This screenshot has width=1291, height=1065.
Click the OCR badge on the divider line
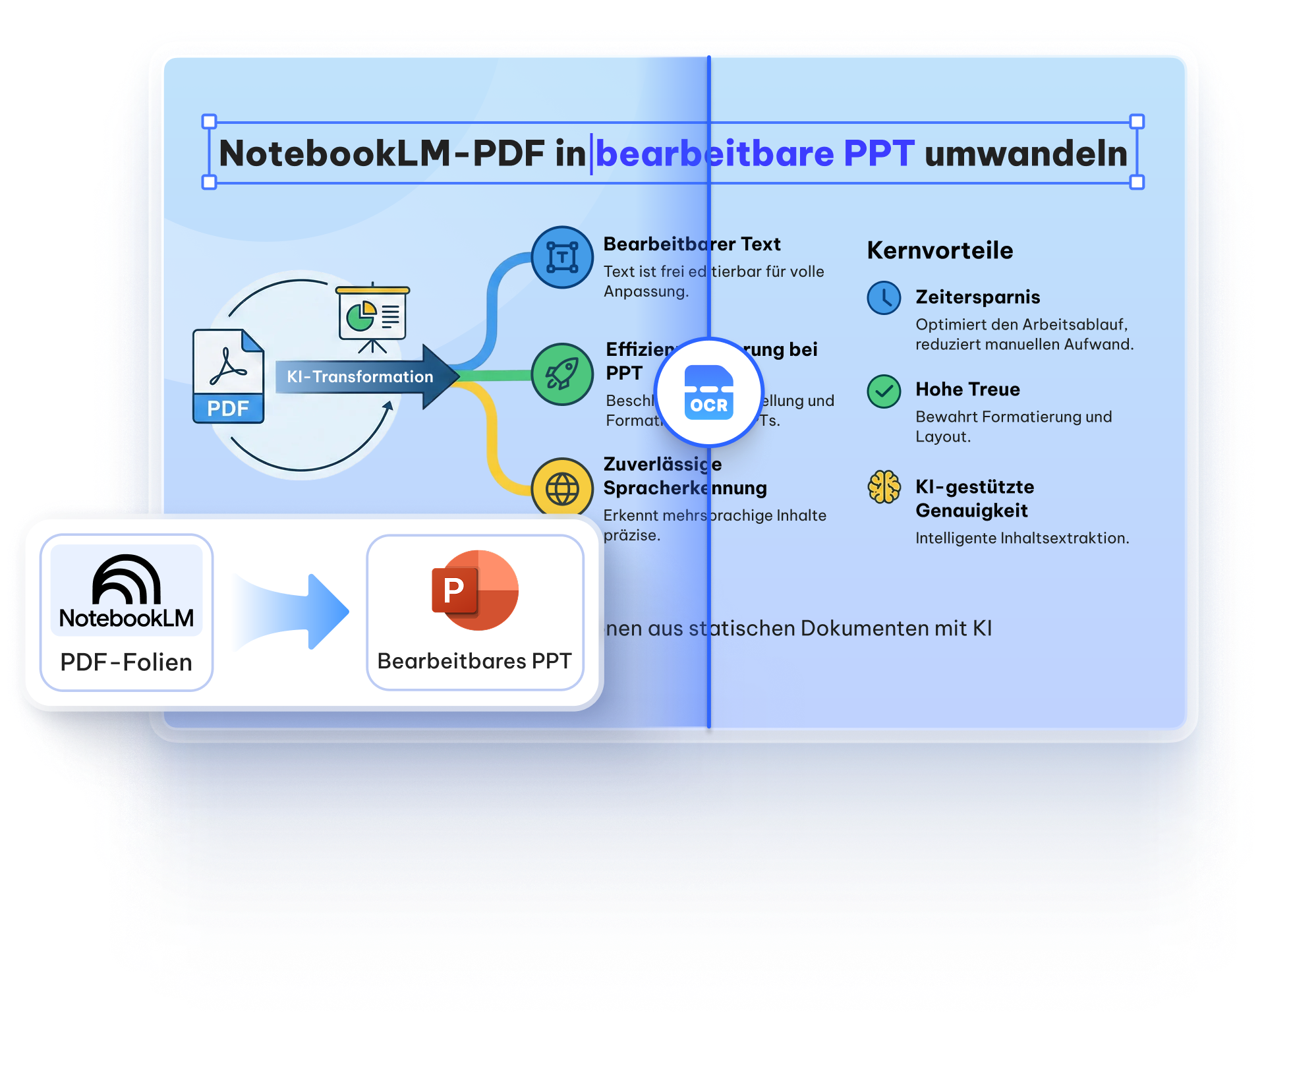pos(708,393)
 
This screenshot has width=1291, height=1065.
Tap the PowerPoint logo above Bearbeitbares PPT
pos(474,590)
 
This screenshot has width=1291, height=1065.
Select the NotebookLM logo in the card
pos(127,590)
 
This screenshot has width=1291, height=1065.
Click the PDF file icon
pos(228,376)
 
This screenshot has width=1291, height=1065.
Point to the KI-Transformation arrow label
pos(360,377)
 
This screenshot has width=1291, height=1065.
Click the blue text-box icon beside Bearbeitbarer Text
pos(562,257)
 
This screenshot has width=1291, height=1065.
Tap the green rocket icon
pos(562,374)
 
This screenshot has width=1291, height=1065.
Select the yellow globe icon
pos(562,488)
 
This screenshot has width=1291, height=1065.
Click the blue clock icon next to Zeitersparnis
pos(884,298)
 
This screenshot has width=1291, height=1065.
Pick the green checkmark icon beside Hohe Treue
pos(884,391)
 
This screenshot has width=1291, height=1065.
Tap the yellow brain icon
pos(884,487)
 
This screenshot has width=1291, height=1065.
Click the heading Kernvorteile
pos(940,250)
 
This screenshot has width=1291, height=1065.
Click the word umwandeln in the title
pos(1025,154)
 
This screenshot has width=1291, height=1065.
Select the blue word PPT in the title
pos(878,154)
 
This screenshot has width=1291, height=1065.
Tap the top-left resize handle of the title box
pos(209,121)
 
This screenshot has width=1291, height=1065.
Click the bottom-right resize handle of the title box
pos(1137,182)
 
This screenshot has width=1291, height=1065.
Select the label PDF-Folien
pos(127,662)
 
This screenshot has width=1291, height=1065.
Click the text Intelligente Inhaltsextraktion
pos(1021,538)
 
